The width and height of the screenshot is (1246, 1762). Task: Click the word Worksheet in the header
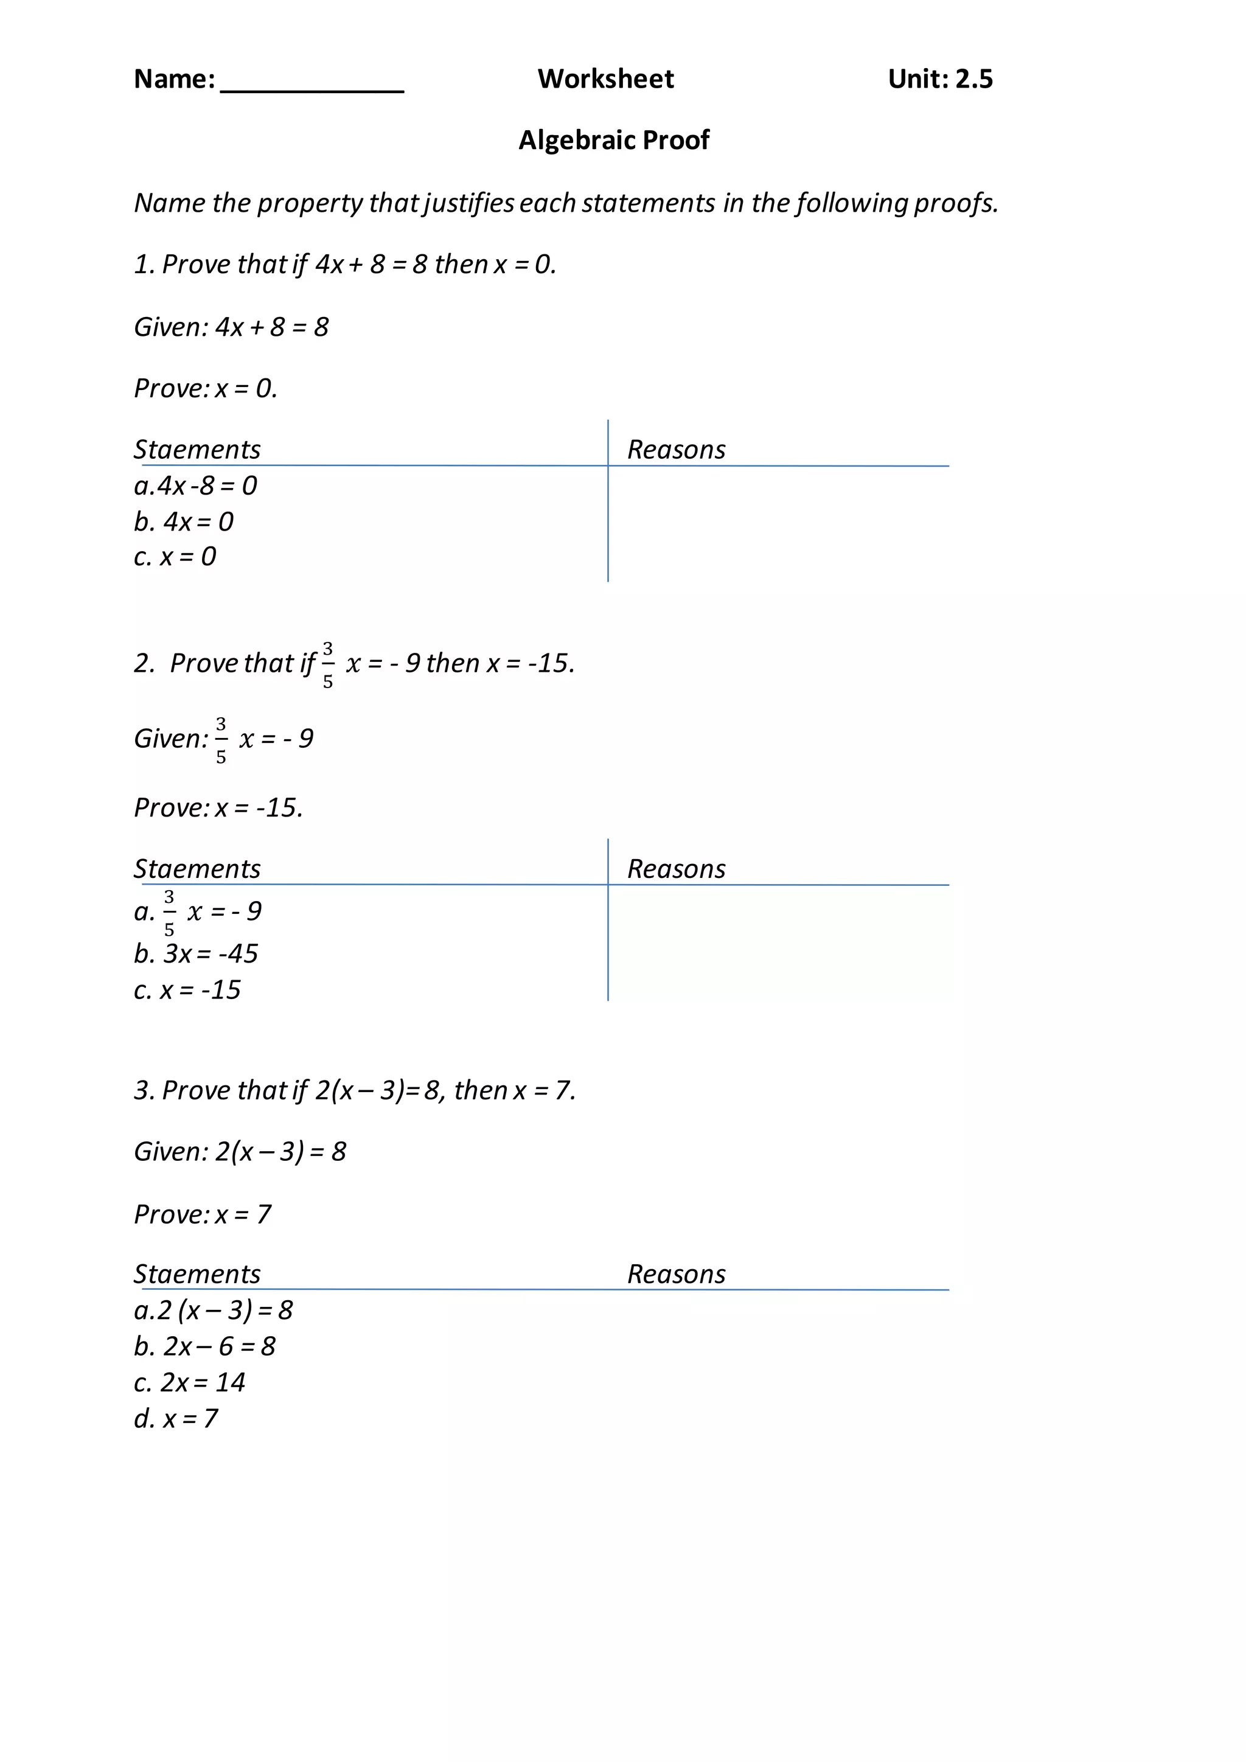[x=605, y=79]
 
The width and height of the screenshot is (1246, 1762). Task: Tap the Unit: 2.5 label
[x=940, y=79]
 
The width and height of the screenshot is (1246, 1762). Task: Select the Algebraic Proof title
[x=614, y=140]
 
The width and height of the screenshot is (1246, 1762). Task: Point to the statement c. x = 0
[x=175, y=556]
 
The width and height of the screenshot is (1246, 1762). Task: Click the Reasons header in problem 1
[x=676, y=450]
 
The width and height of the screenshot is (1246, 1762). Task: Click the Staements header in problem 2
[x=197, y=869]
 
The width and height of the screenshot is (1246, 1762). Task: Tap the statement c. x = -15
[x=187, y=990]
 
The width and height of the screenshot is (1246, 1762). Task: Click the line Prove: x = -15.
[x=218, y=807]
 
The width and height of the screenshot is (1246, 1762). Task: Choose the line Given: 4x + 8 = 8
[x=231, y=327]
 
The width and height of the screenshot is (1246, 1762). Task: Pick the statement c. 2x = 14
[x=189, y=1382]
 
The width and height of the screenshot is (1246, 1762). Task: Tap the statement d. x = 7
[x=176, y=1418]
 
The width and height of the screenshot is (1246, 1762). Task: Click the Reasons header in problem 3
[x=676, y=1274]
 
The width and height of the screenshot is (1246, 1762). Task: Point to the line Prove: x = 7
[x=203, y=1214]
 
